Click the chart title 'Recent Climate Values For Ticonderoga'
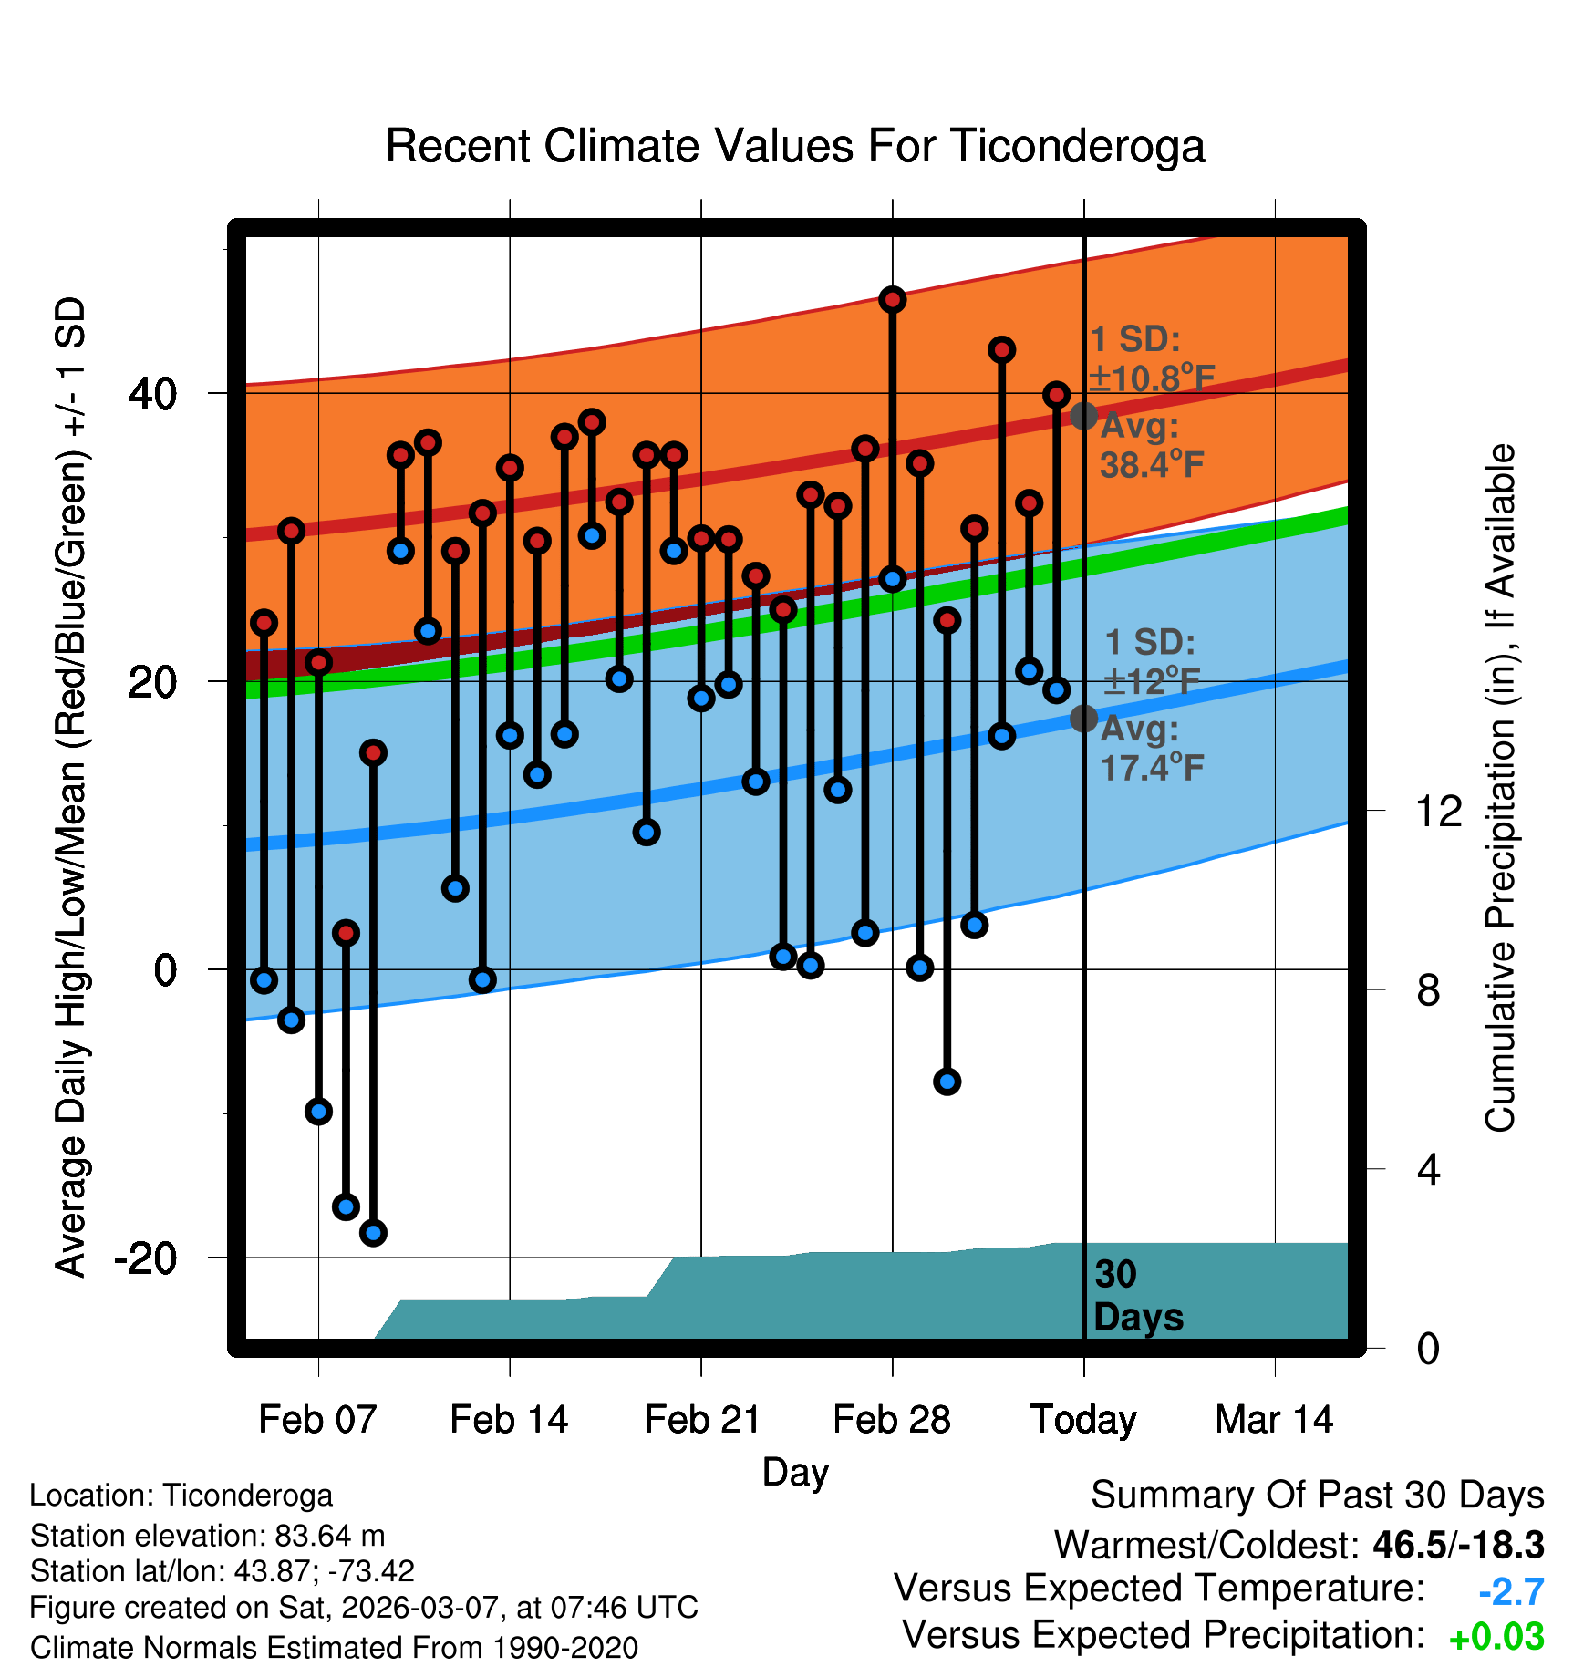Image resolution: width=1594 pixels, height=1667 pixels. tap(795, 146)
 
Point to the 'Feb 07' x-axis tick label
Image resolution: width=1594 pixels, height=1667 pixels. tap(317, 1420)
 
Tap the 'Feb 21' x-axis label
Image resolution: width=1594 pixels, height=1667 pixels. tap(702, 1420)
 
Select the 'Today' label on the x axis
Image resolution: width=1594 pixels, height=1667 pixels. tap(1083, 1420)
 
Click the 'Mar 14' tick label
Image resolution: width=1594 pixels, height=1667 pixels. tap(1274, 1420)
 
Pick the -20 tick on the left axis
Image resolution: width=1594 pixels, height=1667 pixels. tap(146, 1258)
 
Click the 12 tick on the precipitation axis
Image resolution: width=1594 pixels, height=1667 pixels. tap(1438, 811)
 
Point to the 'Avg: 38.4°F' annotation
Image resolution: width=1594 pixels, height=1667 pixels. tap(1151, 446)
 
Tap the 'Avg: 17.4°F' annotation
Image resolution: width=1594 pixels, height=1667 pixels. tap(1151, 749)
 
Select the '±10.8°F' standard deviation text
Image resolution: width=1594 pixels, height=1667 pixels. tap(1153, 378)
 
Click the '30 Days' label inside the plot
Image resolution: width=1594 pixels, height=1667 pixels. tap(1137, 1296)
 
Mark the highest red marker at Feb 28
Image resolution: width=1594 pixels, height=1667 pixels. tap(893, 299)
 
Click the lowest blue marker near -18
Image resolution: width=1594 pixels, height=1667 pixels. tap(373, 1233)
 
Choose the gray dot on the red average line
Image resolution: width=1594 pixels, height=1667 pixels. tap(1083, 416)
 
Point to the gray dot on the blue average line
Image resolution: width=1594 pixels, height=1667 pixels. tap(1083, 719)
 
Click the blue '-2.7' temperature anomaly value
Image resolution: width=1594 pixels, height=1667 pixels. tap(1511, 1591)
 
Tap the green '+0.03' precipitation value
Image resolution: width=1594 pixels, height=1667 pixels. tap(1496, 1637)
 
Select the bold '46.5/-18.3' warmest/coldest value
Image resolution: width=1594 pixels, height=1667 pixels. tap(1458, 1545)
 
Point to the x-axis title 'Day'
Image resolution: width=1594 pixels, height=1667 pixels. tap(795, 1472)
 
